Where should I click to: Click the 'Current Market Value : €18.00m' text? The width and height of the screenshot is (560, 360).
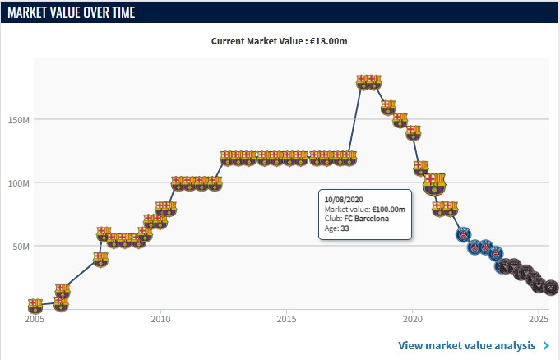pos(280,41)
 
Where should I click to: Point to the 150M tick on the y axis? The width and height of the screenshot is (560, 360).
pos(18,119)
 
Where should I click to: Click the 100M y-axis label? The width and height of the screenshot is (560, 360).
pos(18,182)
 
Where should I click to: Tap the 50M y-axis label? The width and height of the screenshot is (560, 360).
pos(21,246)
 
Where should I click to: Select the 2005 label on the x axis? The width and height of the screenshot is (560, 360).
pos(34,319)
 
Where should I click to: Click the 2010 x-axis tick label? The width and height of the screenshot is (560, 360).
pos(160,319)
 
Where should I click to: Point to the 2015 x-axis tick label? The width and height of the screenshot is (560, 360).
pos(286,319)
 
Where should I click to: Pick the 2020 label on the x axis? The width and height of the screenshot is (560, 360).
pos(413,319)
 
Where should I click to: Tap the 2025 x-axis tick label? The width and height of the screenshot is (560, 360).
pos(539,319)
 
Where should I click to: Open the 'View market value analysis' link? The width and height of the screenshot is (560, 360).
pos(468,346)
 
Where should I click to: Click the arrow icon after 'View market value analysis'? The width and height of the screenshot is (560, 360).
pos(547,346)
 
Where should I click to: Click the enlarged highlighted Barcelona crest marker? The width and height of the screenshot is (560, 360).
pos(434,183)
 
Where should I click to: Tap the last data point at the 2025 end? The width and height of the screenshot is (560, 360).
pos(550,288)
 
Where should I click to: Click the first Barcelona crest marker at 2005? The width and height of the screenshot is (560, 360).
pos(35,306)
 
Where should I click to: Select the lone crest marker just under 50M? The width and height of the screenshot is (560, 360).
pos(100,259)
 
